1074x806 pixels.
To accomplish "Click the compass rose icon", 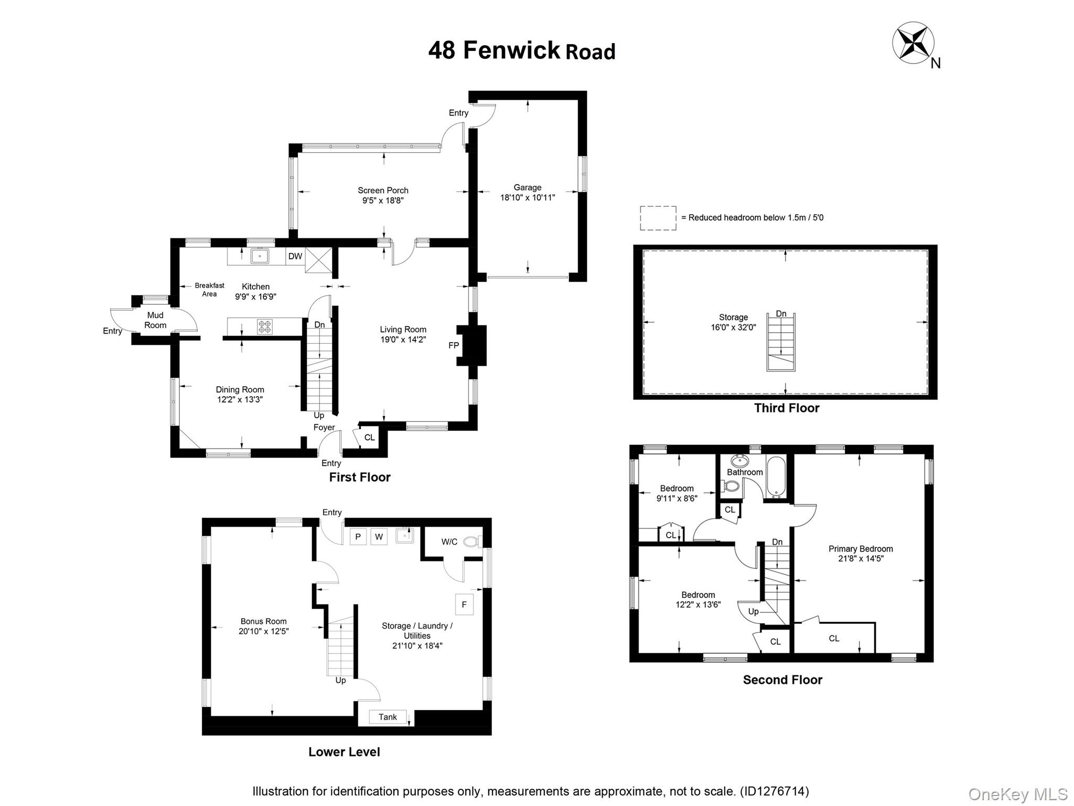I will pyautogui.click(x=913, y=43).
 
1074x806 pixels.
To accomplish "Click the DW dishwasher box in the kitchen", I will pyautogui.click(x=295, y=256).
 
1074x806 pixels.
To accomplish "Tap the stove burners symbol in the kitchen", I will pyautogui.click(x=265, y=326).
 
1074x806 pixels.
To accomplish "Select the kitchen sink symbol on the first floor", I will pyautogui.click(x=260, y=256).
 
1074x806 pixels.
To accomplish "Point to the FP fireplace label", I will pyautogui.click(x=454, y=345).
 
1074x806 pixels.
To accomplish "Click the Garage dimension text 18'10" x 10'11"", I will pyautogui.click(x=527, y=198).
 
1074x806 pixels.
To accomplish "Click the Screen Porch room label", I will pyautogui.click(x=383, y=190).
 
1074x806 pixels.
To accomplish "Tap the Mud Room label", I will pyautogui.click(x=155, y=320).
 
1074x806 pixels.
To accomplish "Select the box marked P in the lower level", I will pyautogui.click(x=358, y=536).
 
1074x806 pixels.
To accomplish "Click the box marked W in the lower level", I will pyautogui.click(x=379, y=536).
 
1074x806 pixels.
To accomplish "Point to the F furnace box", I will pyautogui.click(x=464, y=604).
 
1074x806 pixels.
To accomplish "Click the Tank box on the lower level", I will pyautogui.click(x=388, y=717).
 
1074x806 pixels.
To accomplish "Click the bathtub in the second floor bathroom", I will pyautogui.click(x=776, y=478).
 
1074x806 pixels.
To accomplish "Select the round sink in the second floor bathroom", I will pyautogui.click(x=740, y=461).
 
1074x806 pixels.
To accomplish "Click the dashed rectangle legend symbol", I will pyautogui.click(x=658, y=218).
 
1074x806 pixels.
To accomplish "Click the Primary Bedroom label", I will pyautogui.click(x=861, y=549).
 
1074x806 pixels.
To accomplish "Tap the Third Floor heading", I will pyautogui.click(x=786, y=408).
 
